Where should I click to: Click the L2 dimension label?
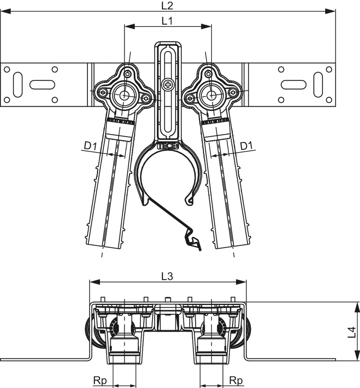[x=167, y=5]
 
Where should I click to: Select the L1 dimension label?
[x=167, y=21]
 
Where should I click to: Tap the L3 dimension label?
[x=167, y=277]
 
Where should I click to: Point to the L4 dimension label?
[x=352, y=332]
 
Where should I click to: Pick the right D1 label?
[x=247, y=145]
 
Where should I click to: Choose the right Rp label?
[x=236, y=380]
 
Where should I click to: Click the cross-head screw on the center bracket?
[x=167, y=84]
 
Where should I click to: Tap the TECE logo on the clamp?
[x=167, y=145]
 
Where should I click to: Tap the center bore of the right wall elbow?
[x=210, y=95]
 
